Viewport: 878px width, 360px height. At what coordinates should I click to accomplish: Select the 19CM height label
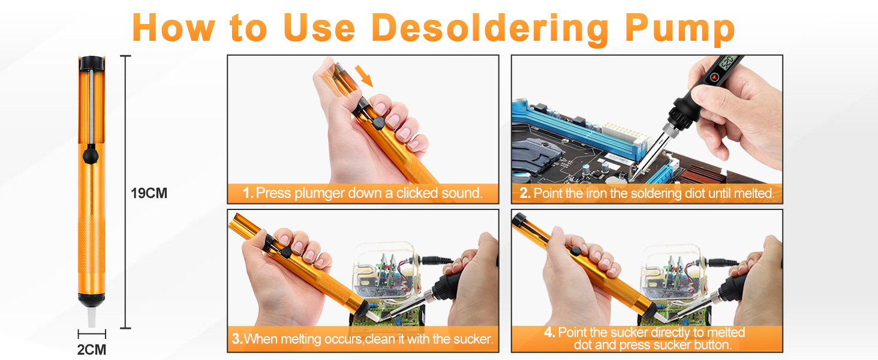point(149,193)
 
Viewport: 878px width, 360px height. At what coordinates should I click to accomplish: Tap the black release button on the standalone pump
point(91,155)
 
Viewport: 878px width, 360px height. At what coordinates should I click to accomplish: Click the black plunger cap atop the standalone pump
point(92,62)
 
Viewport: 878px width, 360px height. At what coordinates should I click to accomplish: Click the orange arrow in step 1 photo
point(362,76)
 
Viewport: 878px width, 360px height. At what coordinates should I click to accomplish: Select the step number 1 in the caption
point(248,194)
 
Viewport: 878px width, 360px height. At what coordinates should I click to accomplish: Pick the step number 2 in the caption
point(524,194)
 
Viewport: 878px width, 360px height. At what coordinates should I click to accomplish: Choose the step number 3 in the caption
point(236,340)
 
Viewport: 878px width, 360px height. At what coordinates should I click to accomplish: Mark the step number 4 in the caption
point(549,332)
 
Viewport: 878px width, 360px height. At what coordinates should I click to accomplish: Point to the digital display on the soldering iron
point(728,62)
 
